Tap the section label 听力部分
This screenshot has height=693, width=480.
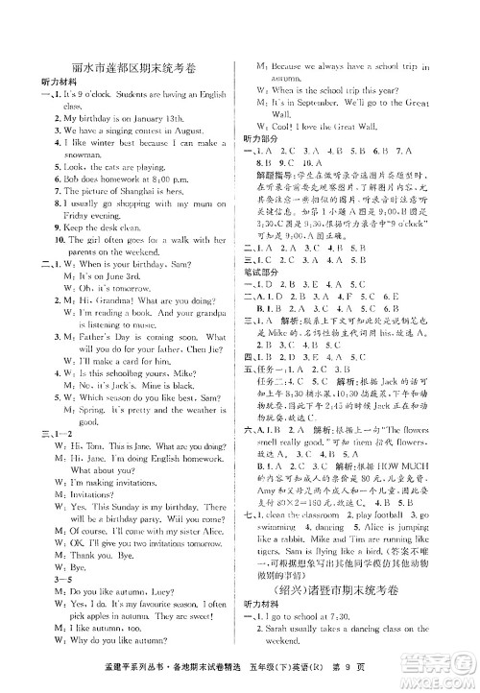click(x=261, y=138)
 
